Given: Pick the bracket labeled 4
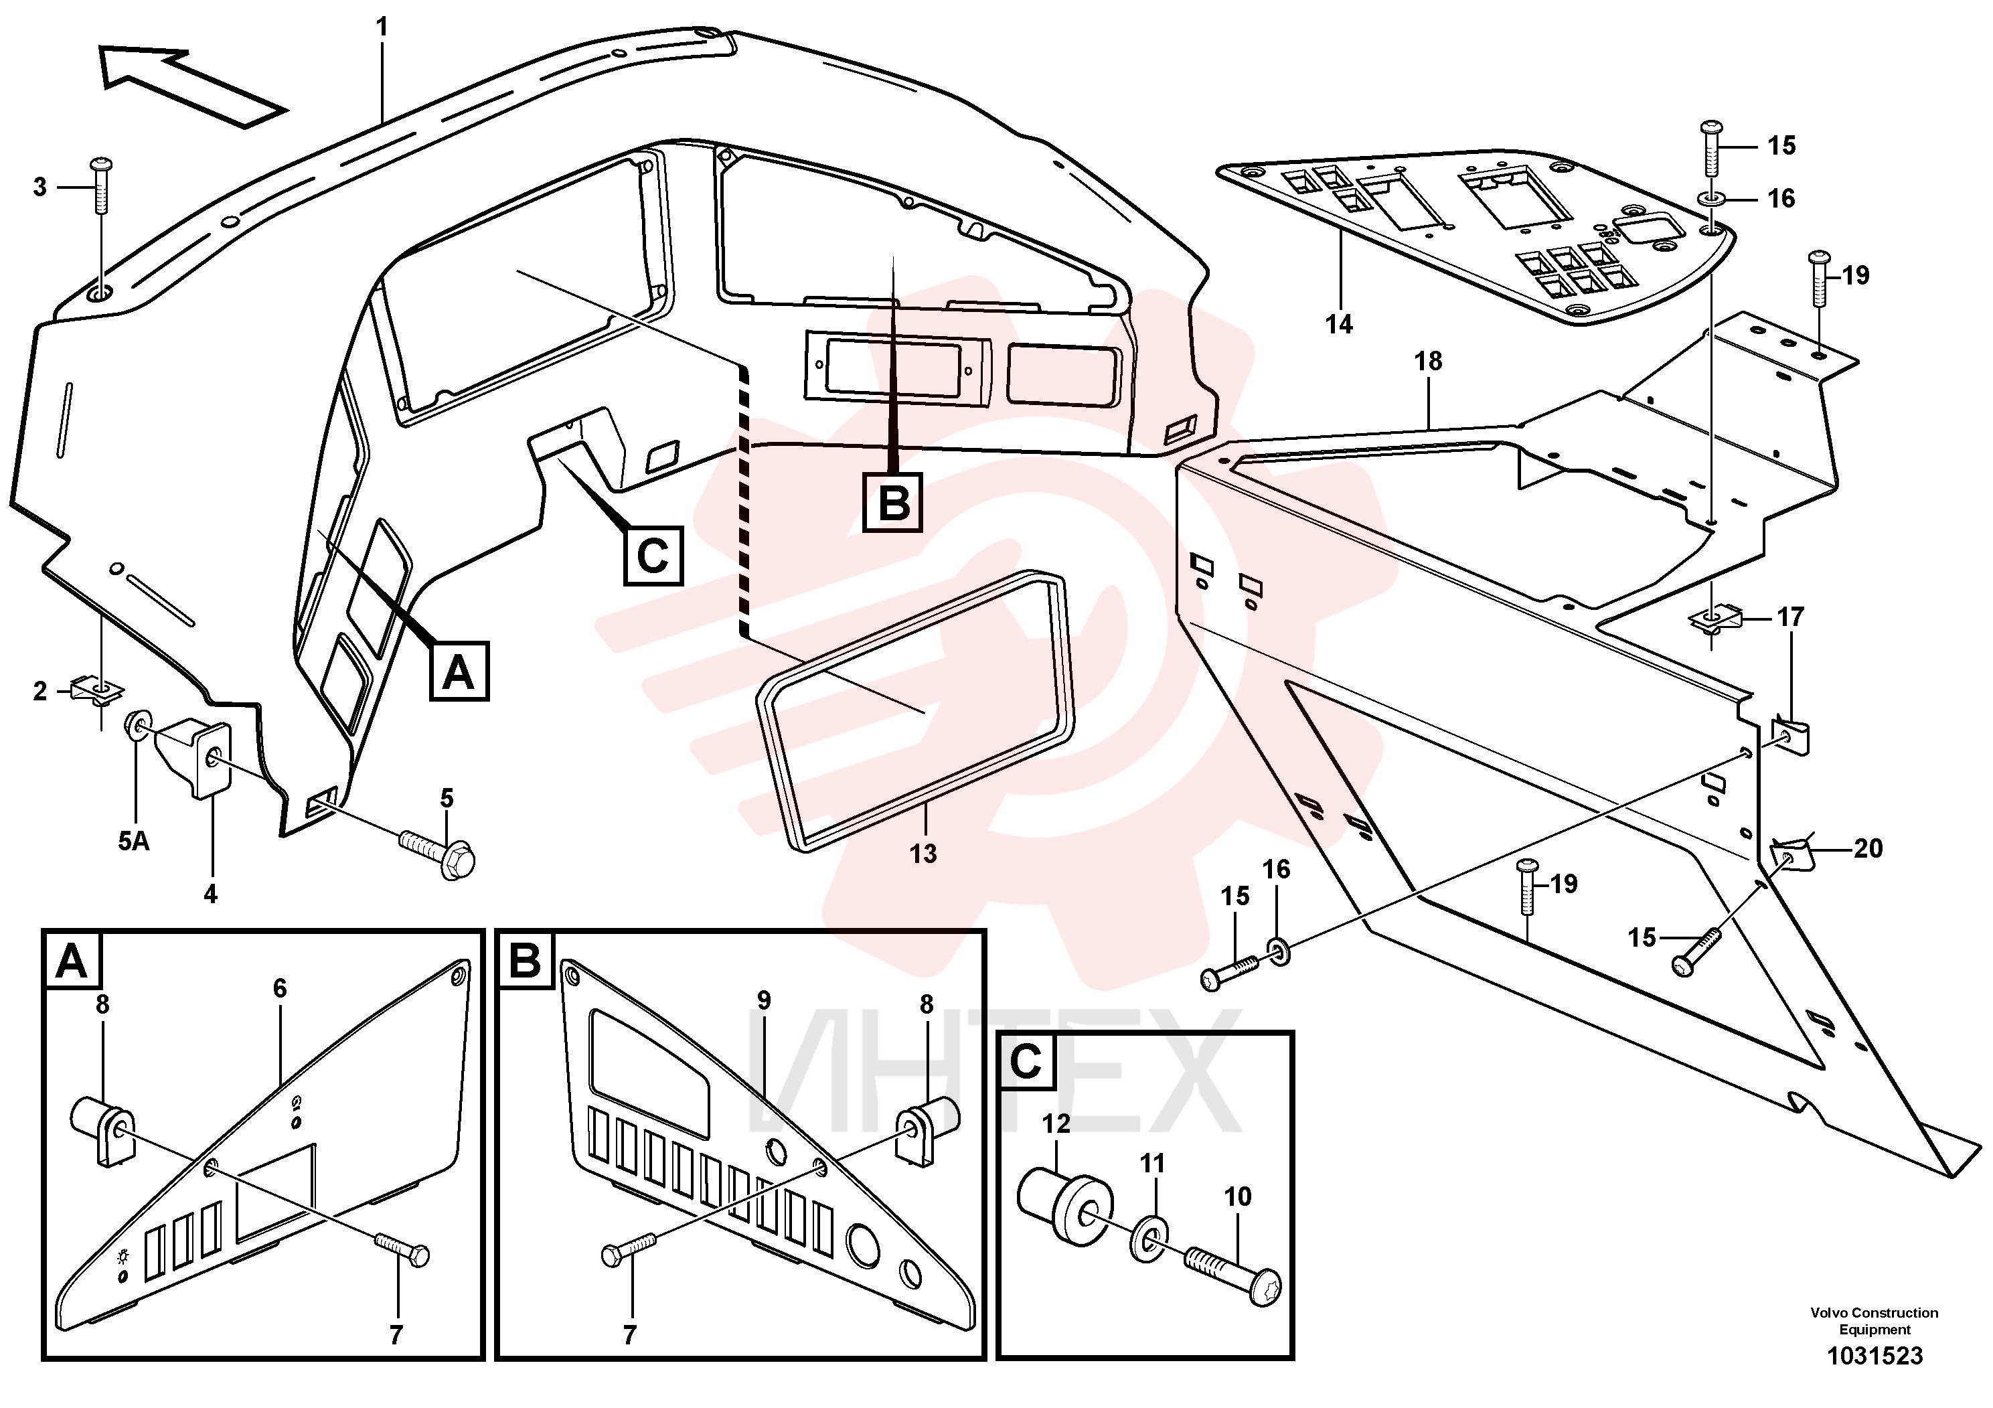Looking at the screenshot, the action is point(199,755).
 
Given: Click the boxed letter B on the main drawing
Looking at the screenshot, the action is point(892,503).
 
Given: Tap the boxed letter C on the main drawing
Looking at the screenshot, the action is point(653,556).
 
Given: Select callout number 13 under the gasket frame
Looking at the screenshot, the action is point(923,854).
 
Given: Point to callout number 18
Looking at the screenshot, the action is point(1428,361).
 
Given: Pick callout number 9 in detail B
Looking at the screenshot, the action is point(763,1001).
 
